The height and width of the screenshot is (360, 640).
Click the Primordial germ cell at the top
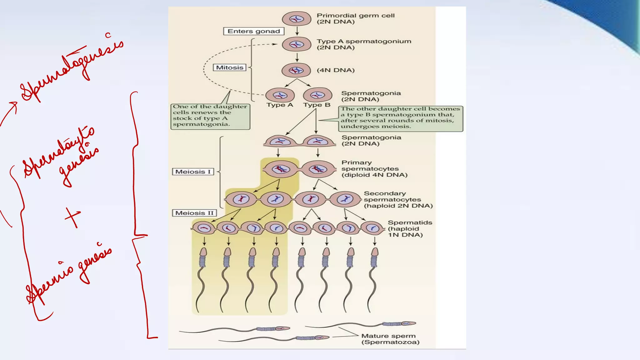pyautogui.click(x=296, y=19)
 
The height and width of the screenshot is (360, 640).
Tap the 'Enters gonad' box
pyautogui.click(x=254, y=31)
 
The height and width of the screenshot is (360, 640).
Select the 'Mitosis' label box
pyautogui.click(x=230, y=67)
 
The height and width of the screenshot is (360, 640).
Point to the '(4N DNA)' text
pyautogui.click(x=336, y=70)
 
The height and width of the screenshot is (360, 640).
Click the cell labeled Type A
pyautogui.click(x=280, y=95)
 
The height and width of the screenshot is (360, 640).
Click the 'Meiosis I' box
pyautogui.click(x=193, y=172)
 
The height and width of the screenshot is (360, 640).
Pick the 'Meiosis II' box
pyautogui.click(x=194, y=213)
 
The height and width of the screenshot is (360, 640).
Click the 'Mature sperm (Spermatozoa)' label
pyautogui.click(x=390, y=339)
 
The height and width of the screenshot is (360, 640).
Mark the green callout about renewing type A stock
pyautogui.click(x=210, y=116)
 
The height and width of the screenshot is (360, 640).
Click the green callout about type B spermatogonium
pyautogui.click(x=400, y=118)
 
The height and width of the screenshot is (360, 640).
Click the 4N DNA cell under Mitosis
pyautogui.click(x=296, y=70)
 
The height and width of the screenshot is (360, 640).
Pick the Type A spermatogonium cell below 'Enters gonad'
pyautogui.click(x=296, y=44)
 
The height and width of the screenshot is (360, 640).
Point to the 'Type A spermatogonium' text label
pyautogui.click(x=364, y=44)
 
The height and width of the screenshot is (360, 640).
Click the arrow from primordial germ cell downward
pyautogui.click(x=297, y=31)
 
